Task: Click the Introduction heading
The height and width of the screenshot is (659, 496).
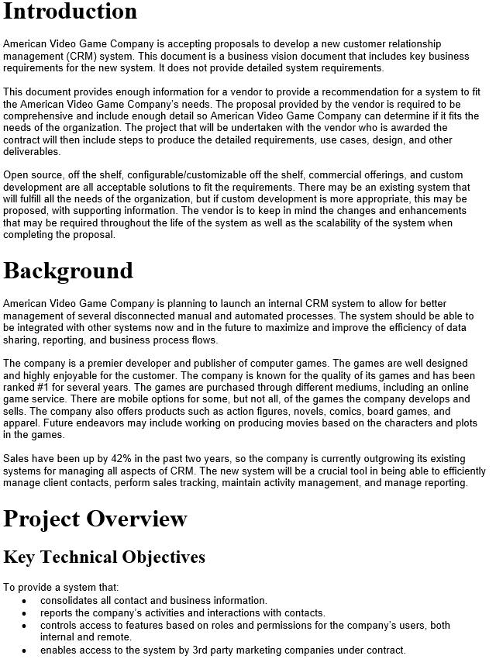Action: (71, 12)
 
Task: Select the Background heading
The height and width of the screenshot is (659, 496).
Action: (68, 271)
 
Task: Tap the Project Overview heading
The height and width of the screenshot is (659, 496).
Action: (95, 519)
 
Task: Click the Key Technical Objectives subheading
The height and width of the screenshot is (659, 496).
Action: (105, 557)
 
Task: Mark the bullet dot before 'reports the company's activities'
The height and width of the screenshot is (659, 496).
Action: (24, 613)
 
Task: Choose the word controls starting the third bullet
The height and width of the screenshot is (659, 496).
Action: (59, 625)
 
